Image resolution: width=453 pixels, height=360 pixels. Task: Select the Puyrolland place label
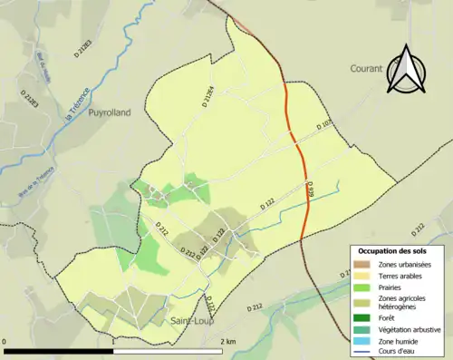coord(110,112)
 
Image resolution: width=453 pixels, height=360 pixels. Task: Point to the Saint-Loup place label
coord(191,321)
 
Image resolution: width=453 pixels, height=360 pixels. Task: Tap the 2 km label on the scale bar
coord(228,342)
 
